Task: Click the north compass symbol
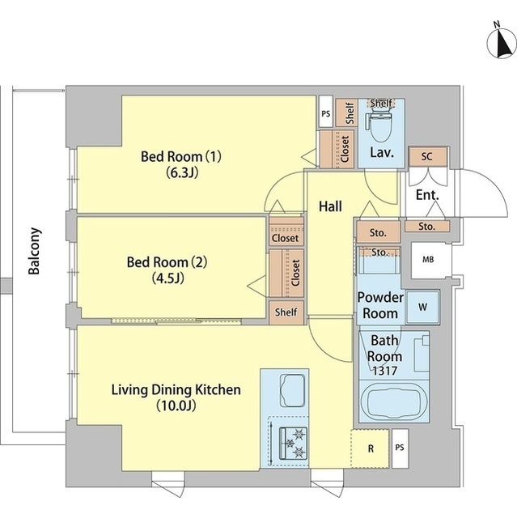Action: point(502,43)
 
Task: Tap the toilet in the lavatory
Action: point(379,126)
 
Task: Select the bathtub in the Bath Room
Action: point(394,401)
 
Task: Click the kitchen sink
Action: point(292,390)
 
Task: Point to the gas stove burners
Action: point(293,443)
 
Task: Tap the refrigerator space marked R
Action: point(370,448)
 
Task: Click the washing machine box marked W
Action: point(422,307)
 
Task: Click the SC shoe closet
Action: point(427,156)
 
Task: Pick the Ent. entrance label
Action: point(427,194)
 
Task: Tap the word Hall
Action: point(330,206)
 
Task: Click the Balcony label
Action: point(34,251)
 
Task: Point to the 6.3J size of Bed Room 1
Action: point(182,172)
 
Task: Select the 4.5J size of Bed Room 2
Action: point(167,278)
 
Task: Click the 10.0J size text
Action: point(176,405)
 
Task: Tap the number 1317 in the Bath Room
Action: point(384,371)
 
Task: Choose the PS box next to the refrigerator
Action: point(400,448)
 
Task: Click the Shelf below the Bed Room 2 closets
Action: point(286,312)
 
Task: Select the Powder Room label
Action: point(380,305)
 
